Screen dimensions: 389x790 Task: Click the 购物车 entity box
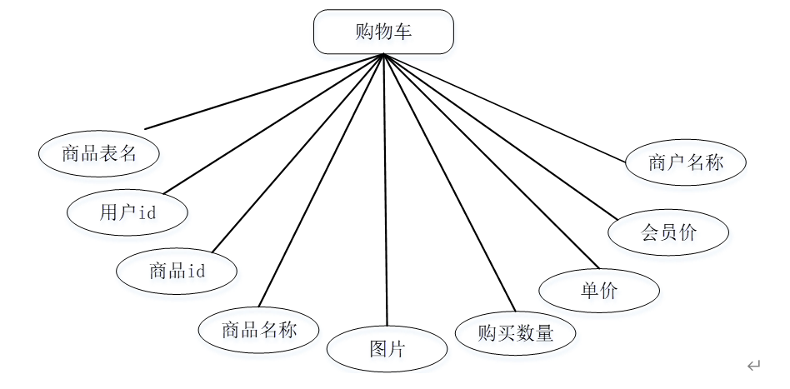(x=383, y=32)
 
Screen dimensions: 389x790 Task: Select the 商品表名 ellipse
(x=99, y=153)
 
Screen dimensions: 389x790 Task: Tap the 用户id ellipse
(x=127, y=212)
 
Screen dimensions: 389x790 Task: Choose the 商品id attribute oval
(x=177, y=271)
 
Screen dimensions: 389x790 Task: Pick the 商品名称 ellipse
(x=259, y=329)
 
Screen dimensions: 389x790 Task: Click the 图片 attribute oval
(x=387, y=348)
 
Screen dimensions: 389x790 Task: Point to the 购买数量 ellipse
(x=516, y=333)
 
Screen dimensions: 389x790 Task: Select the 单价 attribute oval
(x=599, y=291)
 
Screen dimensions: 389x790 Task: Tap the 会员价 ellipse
(x=668, y=232)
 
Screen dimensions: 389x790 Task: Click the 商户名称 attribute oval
(x=685, y=162)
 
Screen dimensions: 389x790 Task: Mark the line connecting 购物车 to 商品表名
(x=263, y=92)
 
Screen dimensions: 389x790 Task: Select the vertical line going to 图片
(x=385, y=192)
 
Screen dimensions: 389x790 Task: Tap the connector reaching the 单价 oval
(x=483, y=163)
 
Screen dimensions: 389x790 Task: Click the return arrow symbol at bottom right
(x=754, y=365)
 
